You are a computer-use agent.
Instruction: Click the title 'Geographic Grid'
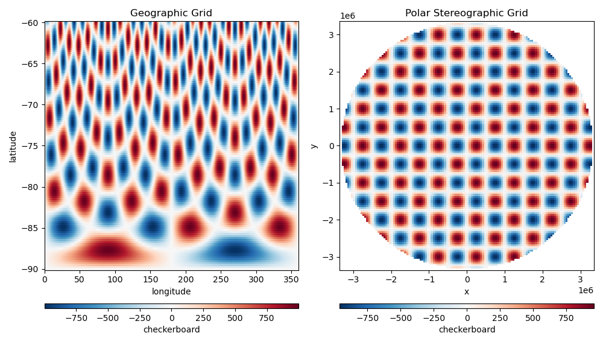(x=171, y=13)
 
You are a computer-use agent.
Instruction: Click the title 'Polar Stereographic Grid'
(x=466, y=13)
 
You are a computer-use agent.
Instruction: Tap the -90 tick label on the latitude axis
(x=31, y=269)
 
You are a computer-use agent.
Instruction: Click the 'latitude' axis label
(x=13, y=146)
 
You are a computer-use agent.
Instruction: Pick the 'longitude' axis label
(x=171, y=291)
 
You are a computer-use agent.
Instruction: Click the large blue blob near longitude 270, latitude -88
(x=235, y=250)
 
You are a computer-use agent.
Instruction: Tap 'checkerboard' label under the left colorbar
(x=171, y=329)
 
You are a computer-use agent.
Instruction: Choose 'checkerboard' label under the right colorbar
(x=467, y=329)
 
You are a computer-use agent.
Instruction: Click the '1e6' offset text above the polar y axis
(x=348, y=16)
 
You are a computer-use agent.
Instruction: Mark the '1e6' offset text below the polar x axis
(x=586, y=291)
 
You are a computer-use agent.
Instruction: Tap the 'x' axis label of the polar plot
(x=467, y=291)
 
